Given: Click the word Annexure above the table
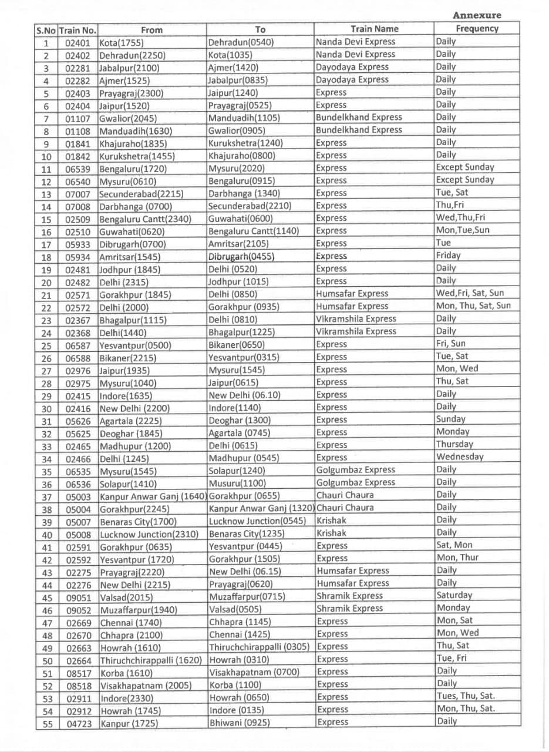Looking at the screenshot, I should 477,15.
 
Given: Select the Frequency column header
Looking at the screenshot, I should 476,28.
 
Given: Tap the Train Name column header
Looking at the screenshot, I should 374,29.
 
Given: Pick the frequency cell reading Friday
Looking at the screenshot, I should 448,256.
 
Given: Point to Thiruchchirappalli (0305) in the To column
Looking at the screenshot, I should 259,647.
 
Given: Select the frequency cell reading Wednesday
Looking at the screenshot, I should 460,457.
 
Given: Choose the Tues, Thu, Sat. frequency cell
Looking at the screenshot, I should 466,696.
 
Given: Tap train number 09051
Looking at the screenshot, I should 79,597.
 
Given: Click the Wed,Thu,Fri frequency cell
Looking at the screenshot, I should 460,218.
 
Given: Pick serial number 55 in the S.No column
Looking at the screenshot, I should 46,724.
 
